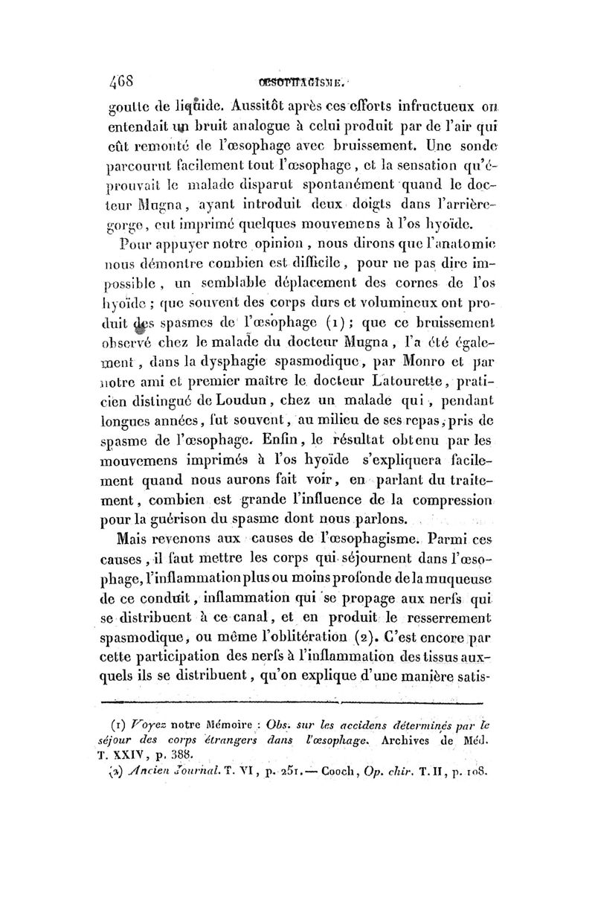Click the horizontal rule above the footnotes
(x=292, y=702)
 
